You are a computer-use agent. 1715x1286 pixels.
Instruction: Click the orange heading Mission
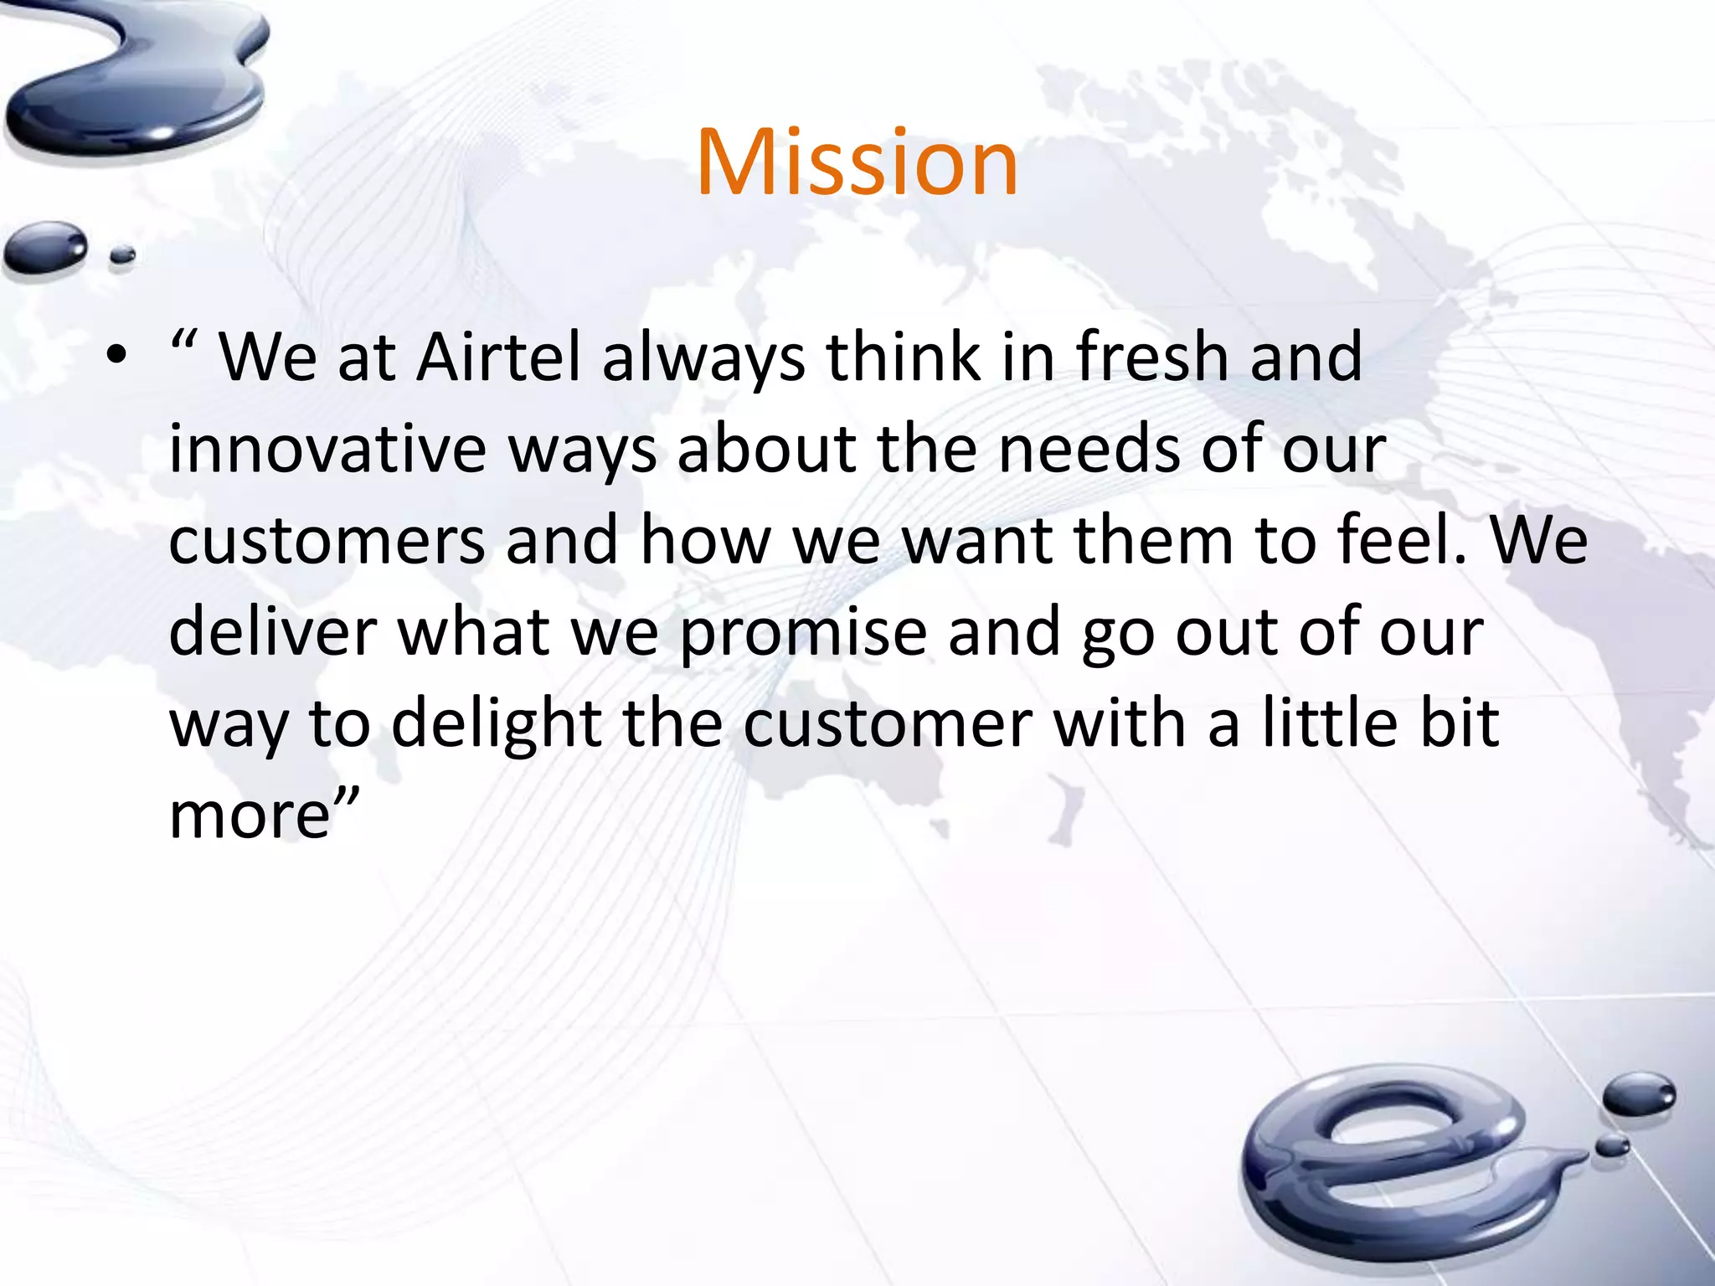(857, 162)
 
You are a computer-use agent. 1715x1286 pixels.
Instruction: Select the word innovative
(327, 450)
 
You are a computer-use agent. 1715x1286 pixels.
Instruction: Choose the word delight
(496, 724)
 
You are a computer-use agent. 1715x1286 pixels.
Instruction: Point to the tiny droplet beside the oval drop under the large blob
(122, 255)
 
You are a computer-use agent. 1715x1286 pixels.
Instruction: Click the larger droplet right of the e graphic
(1639, 1094)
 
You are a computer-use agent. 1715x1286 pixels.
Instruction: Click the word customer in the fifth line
(888, 724)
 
